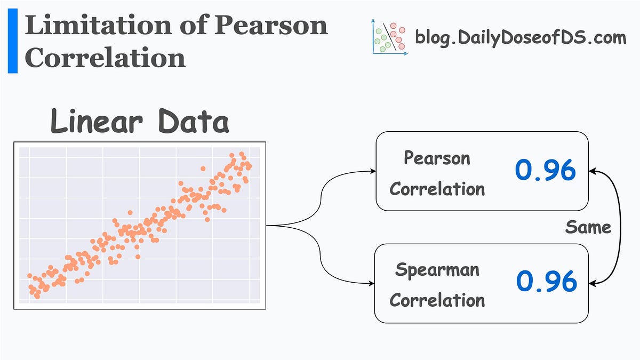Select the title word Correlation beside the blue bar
click(x=105, y=58)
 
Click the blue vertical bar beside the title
click(x=12, y=41)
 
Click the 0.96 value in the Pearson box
click(x=546, y=170)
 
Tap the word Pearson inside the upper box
click(x=437, y=158)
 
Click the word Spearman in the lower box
click(x=437, y=269)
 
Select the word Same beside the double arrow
click(x=588, y=228)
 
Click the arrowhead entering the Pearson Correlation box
click(x=373, y=172)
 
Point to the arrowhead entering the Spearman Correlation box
click(x=373, y=283)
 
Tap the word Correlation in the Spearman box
click(x=437, y=300)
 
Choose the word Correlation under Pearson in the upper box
click(x=437, y=189)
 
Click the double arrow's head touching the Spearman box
click(x=593, y=283)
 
